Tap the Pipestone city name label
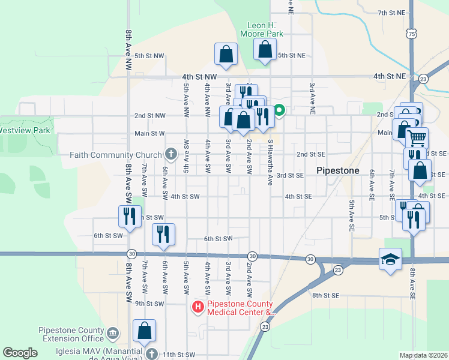tap(337, 170)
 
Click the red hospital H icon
tap(197, 308)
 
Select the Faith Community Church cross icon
tap(171, 155)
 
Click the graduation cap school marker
tap(390, 259)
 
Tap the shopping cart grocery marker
tap(417, 138)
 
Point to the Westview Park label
tap(24, 130)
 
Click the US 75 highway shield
tap(411, 34)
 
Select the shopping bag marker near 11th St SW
tap(145, 330)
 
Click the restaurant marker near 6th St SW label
tap(163, 234)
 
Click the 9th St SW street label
tap(149, 304)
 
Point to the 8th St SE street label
tap(326, 295)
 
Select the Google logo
tap(20, 353)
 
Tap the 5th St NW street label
tap(149, 56)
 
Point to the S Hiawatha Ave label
tap(271, 154)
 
